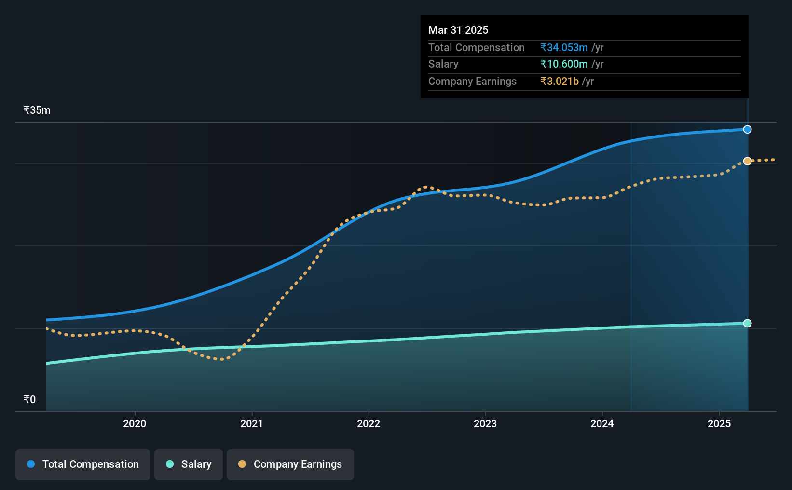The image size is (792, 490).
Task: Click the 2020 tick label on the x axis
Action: click(x=135, y=423)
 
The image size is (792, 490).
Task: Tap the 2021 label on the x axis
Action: click(x=251, y=423)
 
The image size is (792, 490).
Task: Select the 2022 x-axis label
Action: click(x=369, y=423)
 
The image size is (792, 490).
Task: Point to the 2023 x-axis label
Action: click(x=485, y=423)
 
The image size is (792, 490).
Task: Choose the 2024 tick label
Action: click(x=602, y=423)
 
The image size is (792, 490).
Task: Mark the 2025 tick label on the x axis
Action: click(x=719, y=423)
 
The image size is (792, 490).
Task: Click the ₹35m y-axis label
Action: click(x=37, y=110)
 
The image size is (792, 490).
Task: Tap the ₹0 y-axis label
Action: click(x=30, y=399)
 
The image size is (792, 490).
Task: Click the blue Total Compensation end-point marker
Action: click(x=747, y=129)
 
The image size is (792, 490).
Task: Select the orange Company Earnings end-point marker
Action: click(x=747, y=161)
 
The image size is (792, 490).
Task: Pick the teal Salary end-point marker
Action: click(x=747, y=323)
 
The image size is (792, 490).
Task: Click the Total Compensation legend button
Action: click(x=83, y=464)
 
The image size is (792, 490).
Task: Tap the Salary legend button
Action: click(x=189, y=464)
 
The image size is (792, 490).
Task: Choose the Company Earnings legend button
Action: click(x=290, y=464)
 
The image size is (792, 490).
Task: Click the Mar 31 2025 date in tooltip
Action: click(x=458, y=30)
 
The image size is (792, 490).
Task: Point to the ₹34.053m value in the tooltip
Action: click(x=564, y=47)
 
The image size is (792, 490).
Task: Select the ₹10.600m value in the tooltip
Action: click(x=564, y=64)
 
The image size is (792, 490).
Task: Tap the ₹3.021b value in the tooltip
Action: click(x=560, y=82)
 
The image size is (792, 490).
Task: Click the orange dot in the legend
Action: click(x=242, y=464)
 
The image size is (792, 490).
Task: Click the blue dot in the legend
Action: click(x=31, y=464)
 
